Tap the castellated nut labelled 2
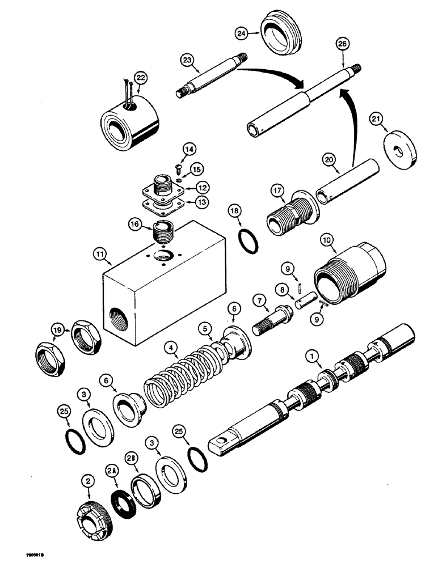coord(91,515)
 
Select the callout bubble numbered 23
coord(188,59)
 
